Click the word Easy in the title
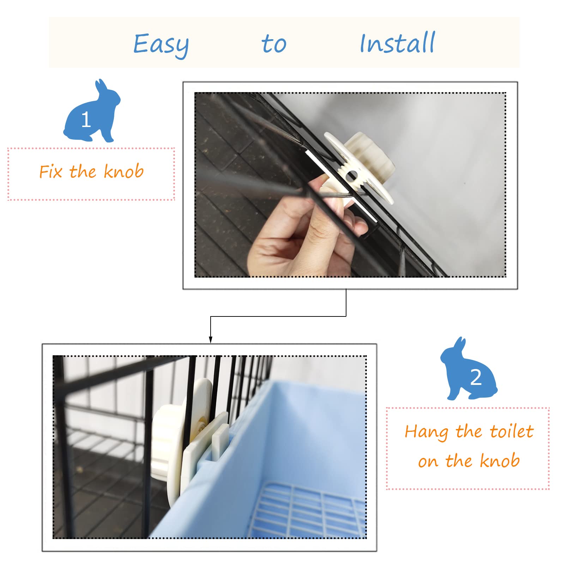[161, 45]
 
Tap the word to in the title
[274, 44]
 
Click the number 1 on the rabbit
[86, 120]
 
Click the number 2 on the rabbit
[476, 377]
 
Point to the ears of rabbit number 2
[459, 344]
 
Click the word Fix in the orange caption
[51, 172]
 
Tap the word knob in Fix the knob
[123, 171]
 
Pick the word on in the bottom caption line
[428, 461]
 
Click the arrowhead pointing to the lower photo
[211, 339]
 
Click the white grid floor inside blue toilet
[307, 512]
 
